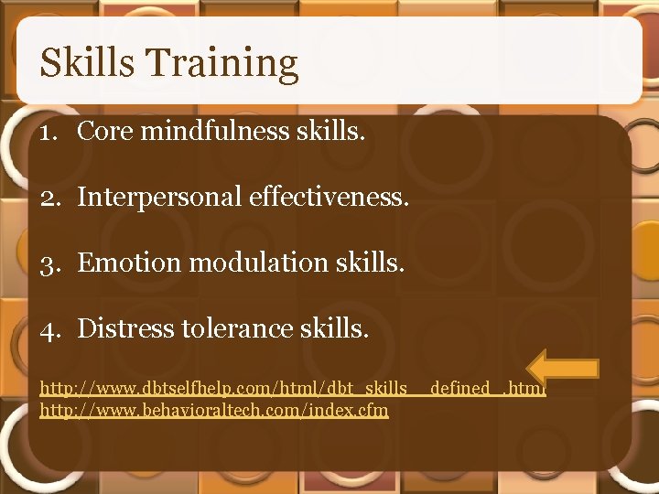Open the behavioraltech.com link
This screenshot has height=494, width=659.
pyautogui.click(x=214, y=410)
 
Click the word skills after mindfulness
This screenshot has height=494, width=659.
pyautogui.click(x=330, y=132)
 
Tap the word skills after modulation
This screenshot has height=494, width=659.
pyautogui.click(x=370, y=263)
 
